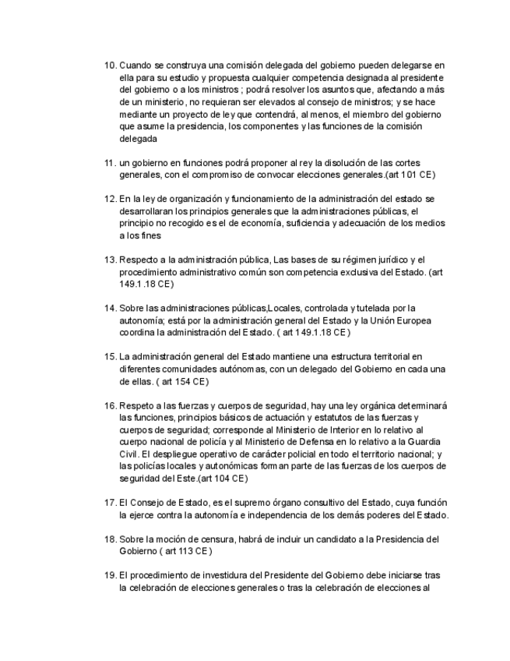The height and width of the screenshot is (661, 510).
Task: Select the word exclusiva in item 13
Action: [336, 272]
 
